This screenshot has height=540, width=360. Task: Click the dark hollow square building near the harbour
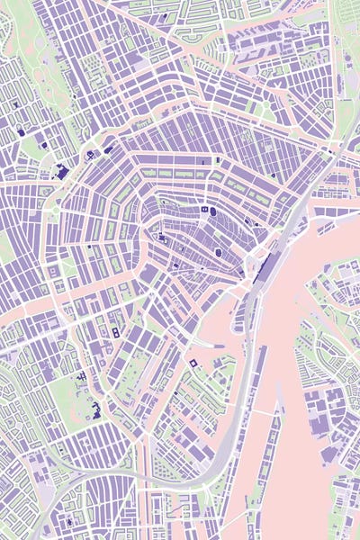(x=192, y=362)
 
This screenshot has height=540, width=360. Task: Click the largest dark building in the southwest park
(x=96, y=413)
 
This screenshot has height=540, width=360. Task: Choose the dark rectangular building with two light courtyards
(x=115, y=333)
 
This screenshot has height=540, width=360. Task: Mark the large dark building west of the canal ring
(x=62, y=171)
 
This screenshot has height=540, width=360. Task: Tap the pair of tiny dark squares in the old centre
(x=206, y=209)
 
